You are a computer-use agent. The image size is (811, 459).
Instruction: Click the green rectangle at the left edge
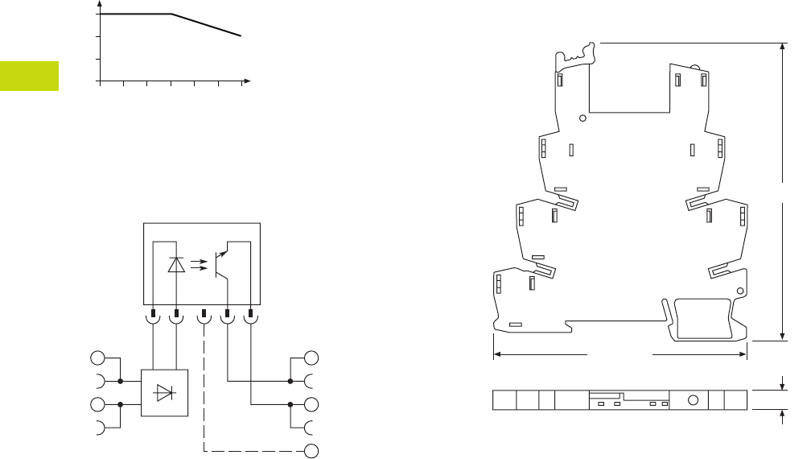[29, 76]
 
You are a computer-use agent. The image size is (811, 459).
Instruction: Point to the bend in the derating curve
[171, 14]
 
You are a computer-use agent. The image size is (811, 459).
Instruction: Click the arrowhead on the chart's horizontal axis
[248, 81]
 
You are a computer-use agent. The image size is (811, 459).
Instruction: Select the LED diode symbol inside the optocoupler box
[176, 264]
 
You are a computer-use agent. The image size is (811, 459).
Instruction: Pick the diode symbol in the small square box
[165, 393]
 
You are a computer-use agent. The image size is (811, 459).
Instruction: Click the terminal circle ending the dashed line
[311, 450]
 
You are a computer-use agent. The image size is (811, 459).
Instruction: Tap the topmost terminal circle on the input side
[97, 358]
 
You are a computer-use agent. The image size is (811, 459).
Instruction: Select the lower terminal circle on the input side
[97, 404]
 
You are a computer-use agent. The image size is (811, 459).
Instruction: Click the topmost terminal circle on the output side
[311, 358]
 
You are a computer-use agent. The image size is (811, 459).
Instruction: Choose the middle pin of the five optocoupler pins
[204, 312]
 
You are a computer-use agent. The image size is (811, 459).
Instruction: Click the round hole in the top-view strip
[691, 400]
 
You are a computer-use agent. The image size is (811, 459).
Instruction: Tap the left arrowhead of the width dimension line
[496, 353]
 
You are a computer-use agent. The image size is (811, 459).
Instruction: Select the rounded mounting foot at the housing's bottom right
[703, 319]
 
